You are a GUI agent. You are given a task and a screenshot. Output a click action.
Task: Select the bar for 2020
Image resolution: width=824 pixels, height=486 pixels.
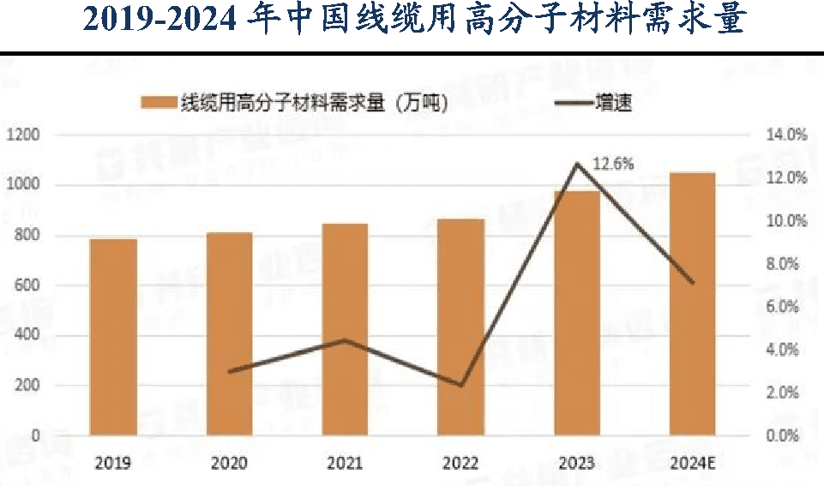coord(229,334)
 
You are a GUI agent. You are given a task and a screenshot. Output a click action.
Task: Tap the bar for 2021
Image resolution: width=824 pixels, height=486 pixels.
coord(345,330)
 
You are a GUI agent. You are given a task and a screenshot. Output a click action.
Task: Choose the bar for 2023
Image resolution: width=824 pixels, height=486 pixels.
coord(576,313)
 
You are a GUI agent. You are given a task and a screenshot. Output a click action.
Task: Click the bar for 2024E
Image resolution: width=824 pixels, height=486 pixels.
coord(692,304)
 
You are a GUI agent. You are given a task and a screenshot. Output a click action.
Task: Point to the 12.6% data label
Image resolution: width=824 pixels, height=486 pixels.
coord(611,164)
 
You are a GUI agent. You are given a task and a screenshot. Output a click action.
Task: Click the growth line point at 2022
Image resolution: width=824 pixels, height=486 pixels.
coord(460,386)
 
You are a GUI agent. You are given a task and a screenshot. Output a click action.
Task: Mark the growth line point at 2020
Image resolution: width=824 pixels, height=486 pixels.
coord(229,371)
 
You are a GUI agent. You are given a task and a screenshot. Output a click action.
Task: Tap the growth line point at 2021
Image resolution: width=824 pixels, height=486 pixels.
coord(345,340)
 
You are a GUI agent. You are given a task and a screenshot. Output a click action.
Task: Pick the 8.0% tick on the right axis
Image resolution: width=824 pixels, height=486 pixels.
coord(788,264)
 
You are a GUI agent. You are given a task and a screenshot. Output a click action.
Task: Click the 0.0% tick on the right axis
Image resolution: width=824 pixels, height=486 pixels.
coord(788,435)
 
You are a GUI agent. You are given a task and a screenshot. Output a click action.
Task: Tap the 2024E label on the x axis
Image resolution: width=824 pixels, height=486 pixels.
coord(693,464)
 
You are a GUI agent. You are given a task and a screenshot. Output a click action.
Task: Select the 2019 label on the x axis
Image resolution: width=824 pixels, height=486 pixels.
coord(113,464)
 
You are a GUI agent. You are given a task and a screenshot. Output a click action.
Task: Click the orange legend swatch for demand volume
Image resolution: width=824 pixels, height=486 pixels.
coord(158,103)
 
